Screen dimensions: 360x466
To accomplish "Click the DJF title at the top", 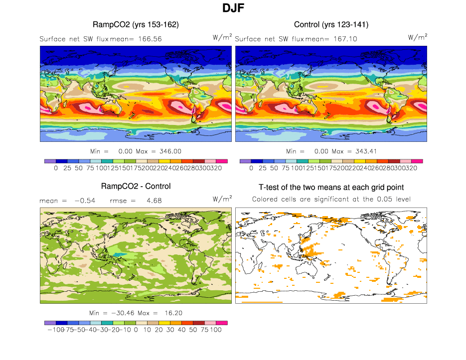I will click(x=233, y=8).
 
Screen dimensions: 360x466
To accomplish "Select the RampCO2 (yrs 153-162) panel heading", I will click(x=136, y=24).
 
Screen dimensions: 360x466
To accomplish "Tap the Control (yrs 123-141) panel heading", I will click(x=331, y=24).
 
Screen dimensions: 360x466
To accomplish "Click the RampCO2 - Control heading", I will click(x=136, y=186).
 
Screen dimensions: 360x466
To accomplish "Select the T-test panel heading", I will click(x=331, y=187).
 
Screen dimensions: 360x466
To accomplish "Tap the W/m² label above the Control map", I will click(x=418, y=37).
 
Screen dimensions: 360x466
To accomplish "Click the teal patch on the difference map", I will click(x=118, y=254).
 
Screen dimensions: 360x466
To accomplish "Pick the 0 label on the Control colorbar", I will click(x=251, y=168).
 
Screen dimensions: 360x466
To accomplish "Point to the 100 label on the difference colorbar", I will click(x=215, y=330).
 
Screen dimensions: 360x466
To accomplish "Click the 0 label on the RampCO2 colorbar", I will click(x=56, y=168).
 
